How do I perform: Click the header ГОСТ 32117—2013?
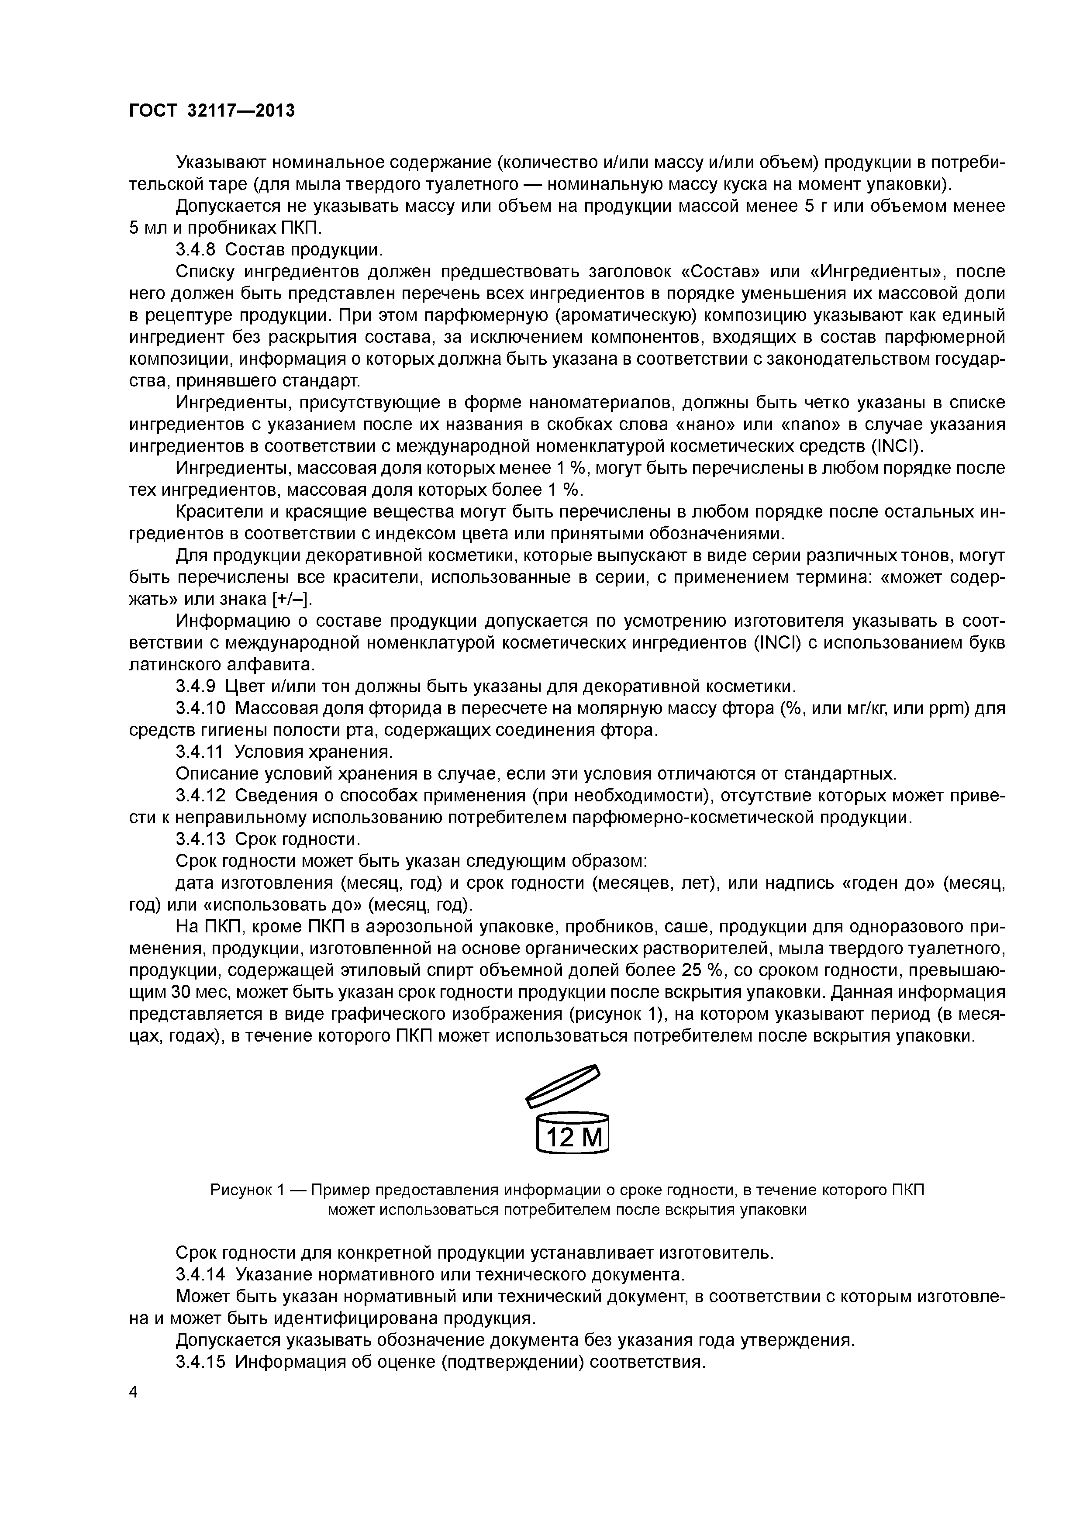click(x=211, y=110)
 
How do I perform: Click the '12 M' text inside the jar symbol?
click(x=573, y=1136)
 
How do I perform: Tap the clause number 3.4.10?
click(x=200, y=708)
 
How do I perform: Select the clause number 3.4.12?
click(x=200, y=795)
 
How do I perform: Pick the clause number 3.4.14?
click(x=200, y=1274)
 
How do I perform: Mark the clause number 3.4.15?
click(x=200, y=1362)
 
